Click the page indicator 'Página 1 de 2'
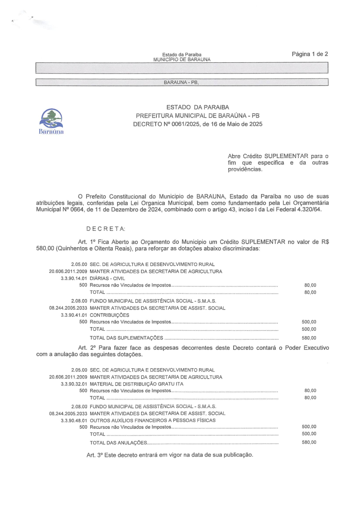(x=310, y=54)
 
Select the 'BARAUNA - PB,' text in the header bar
(x=181, y=83)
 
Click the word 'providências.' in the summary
(x=245, y=170)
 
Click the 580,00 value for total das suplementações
(x=308, y=338)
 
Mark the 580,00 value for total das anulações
(x=308, y=443)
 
